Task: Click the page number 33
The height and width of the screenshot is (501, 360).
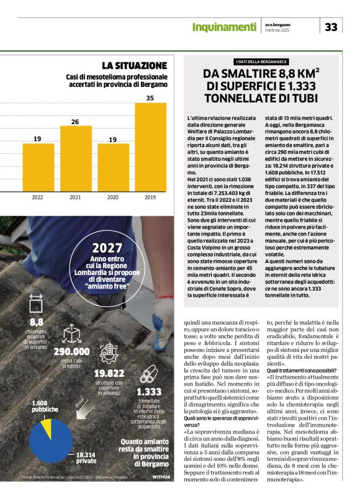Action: pos(331,27)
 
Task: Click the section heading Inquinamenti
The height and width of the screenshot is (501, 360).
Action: pos(224,27)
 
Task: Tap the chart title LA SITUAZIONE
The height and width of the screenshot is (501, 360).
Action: pos(135,65)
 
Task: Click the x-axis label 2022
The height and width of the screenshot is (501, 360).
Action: pos(37,180)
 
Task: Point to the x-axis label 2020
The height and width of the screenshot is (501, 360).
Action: pos(113,180)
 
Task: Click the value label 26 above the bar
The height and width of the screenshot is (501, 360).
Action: pos(75,122)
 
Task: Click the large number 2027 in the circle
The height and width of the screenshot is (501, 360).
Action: pos(107,248)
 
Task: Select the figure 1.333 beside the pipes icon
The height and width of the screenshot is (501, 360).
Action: pos(149,392)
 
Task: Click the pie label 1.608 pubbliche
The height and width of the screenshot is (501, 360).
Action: pos(45,406)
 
